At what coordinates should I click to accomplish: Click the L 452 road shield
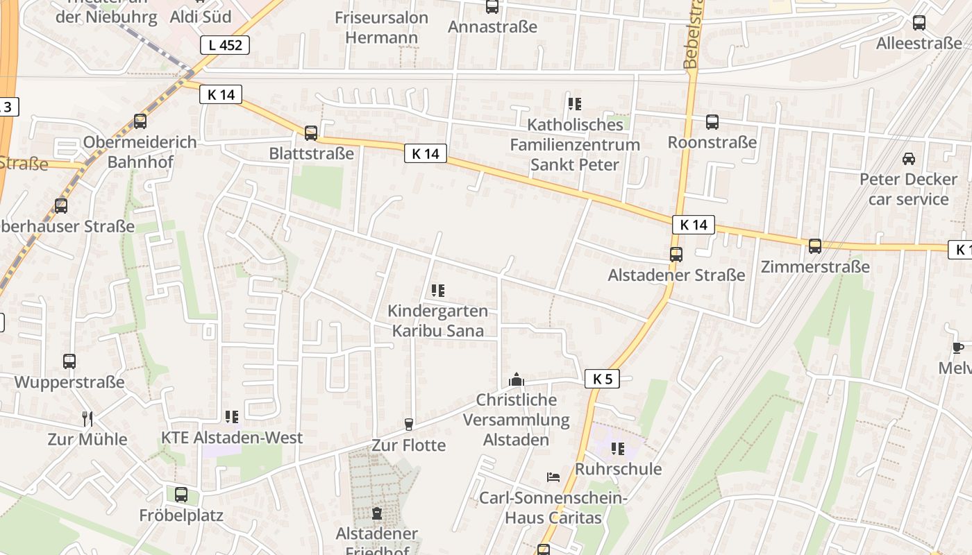click(225, 45)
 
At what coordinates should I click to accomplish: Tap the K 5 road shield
click(602, 379)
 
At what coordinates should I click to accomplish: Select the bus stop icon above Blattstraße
click(311, 133)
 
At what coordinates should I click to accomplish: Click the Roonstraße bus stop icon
click(712, 122)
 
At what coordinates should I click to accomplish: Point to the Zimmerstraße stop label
click(815, 266)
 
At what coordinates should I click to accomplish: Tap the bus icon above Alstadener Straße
click(676, 254)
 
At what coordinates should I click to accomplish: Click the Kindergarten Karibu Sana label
click(437, 321)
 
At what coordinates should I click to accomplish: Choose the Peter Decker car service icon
click(909, 159)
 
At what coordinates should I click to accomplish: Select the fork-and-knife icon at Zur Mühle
click(87, 418)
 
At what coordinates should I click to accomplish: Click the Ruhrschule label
click(618, 469)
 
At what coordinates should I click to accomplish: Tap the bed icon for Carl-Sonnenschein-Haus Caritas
click(553, 477)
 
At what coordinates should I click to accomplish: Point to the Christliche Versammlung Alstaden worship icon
click(516, 379)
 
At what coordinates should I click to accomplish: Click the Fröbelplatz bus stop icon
click(181, 495)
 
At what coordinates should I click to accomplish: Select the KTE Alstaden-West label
click(232, 438)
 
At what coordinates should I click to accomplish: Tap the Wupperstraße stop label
click(69, 382)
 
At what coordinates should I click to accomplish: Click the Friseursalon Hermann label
click(381, 27)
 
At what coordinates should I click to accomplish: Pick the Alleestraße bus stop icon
click(919, 23)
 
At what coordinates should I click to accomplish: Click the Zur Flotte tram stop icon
click(409, 425)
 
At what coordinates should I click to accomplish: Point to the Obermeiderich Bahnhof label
click(140, 151)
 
